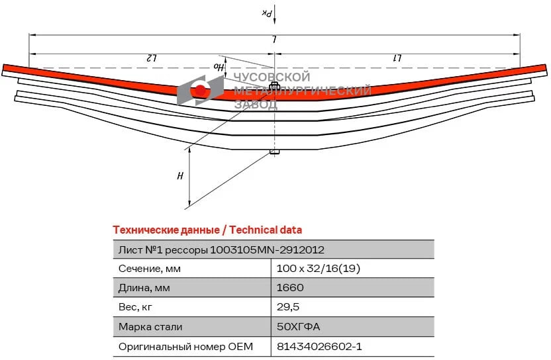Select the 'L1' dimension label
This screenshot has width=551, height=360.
[x=399, y=58]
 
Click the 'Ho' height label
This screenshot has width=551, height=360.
[x=217, y=66]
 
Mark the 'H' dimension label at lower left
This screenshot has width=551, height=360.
[x=179, y=176]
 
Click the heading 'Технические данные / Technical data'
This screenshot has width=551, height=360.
[x=207, y=230]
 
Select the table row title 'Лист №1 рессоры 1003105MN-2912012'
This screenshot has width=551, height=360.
[x=221, y=249]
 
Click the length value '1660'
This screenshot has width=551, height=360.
[x=291, y=288]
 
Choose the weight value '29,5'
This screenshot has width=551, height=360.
[x=289, y=307]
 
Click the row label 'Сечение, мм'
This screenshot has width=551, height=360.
[x=149, y=269]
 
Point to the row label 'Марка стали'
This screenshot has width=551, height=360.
[x=150, y=327]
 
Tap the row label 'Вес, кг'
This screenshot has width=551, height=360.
[x=137, y=307]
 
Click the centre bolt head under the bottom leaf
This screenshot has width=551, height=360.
[x=274, y=152]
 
